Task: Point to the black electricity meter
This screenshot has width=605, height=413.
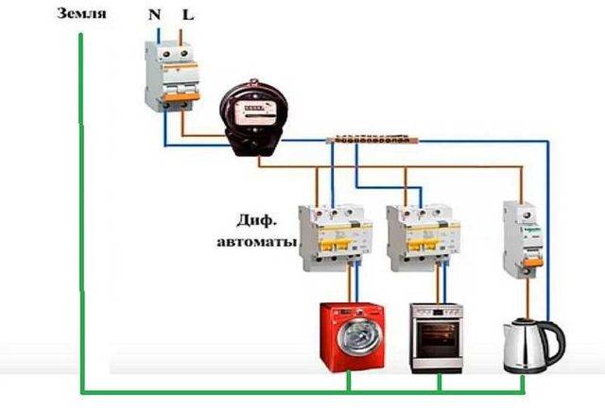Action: click(x=250, y=117)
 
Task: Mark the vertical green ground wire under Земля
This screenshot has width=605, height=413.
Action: click(x=81, y=208)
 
